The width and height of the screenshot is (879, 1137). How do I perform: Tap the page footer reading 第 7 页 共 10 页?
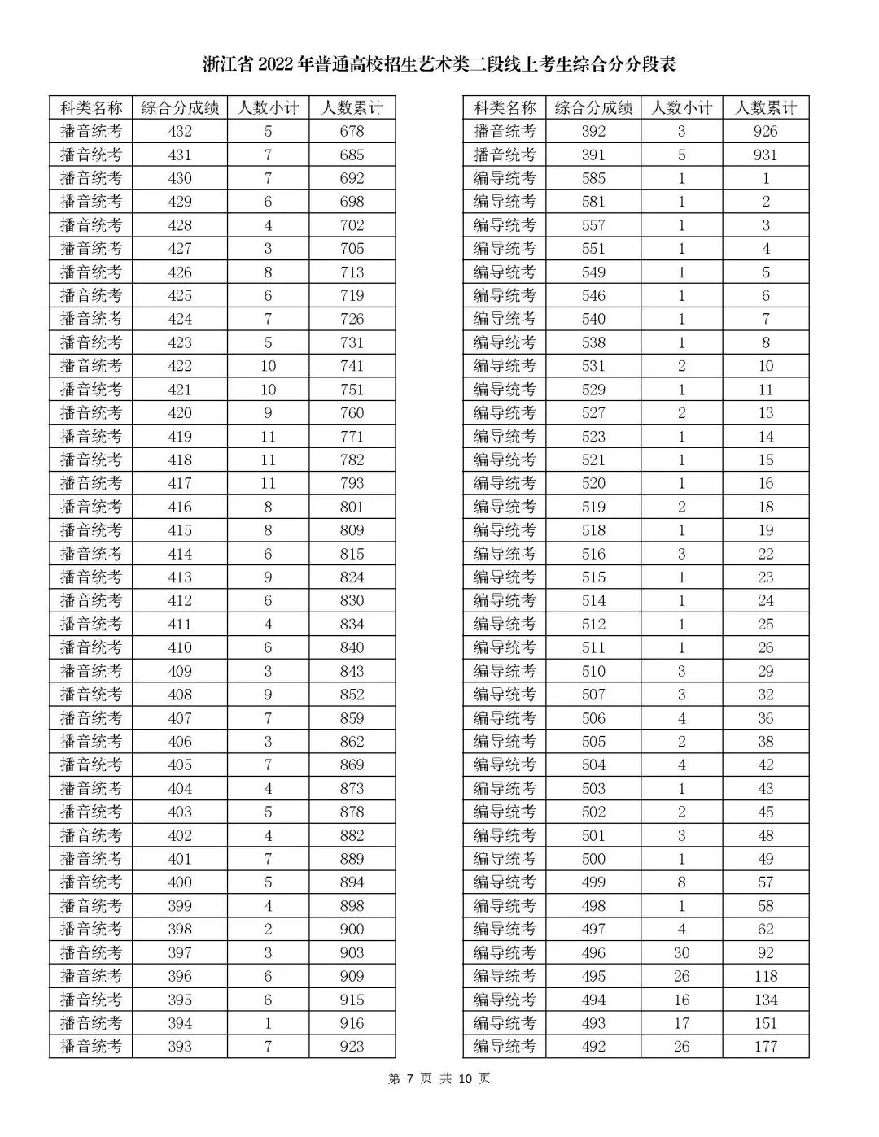tap(439, 1078)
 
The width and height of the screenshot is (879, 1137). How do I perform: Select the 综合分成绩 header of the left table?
tap(180, 108)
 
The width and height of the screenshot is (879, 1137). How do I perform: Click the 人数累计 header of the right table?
tap(765, 108)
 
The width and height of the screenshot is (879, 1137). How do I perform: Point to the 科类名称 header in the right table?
tap(505, 108)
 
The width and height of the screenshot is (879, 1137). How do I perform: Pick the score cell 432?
tap(180, 132)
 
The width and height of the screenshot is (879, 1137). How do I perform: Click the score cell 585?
tap(593, 179)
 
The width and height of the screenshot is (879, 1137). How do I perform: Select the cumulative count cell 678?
tap(352, 132)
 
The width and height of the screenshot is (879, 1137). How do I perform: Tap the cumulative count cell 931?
tap(765, 155)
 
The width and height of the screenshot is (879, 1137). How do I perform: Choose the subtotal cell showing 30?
tap(681, 953)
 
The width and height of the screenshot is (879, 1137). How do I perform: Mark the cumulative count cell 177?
tap(765, 1047)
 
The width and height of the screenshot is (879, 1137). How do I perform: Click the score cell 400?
tap(180, 882)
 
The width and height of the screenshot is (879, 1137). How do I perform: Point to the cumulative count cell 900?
tap(352, 930)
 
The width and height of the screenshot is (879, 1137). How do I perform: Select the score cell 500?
tap(593, 859)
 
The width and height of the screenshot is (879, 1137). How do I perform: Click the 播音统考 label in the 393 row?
tap(91, 1047)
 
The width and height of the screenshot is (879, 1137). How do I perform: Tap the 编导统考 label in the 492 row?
tap(505, 1047)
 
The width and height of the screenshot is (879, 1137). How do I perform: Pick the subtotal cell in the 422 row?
tap(268, 366)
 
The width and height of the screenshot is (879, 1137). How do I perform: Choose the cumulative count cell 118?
tap(765, 977)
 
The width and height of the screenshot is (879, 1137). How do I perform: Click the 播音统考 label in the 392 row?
tap(505, 132)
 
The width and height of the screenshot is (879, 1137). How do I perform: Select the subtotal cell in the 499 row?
tap(681, 882)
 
